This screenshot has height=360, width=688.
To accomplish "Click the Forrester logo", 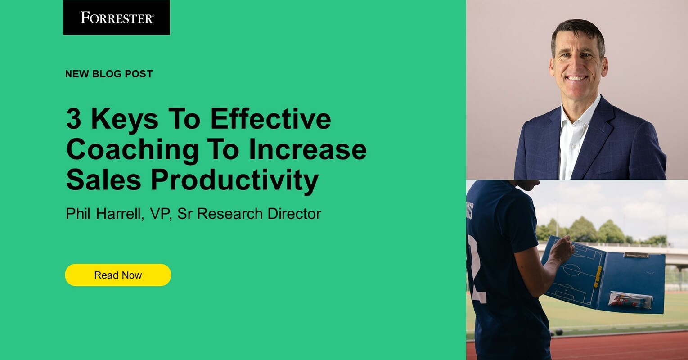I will point(117,18).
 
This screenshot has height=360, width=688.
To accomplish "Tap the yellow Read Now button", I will point(118,275).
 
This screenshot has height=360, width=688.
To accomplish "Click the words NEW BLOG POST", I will point(109,74).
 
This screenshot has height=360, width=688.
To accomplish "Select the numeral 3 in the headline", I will point(73,119).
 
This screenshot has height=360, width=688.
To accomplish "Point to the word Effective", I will point(270,119).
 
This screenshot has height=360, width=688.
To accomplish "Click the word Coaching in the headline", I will point(132,150).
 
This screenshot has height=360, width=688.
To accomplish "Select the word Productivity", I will point(234,180).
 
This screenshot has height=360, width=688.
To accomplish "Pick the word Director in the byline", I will point(294,214).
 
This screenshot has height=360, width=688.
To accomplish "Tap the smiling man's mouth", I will point(576,77).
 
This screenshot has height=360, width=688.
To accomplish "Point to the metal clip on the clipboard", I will point(636,255).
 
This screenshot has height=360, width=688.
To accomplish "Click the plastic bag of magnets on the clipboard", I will point(630,300).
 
